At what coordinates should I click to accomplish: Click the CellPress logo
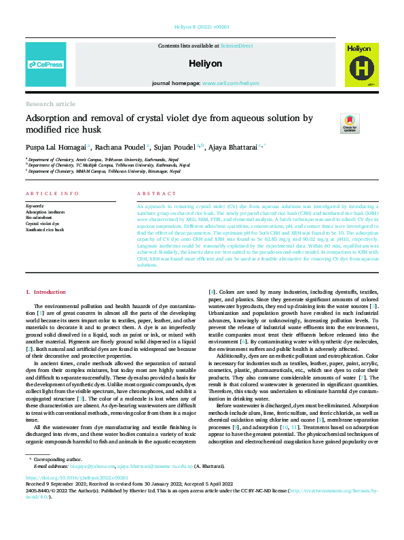45,65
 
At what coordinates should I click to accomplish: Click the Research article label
50,104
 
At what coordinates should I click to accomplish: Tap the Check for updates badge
350,123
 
